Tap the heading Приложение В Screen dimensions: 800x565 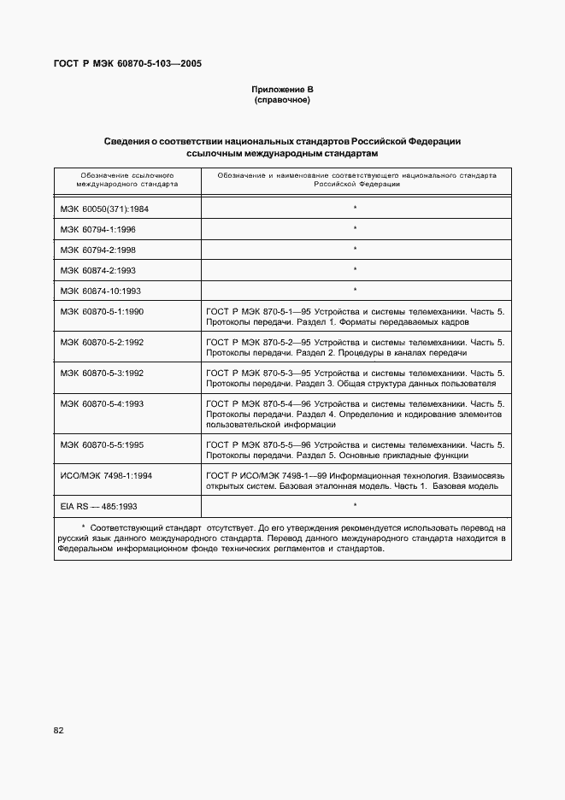[282, 90]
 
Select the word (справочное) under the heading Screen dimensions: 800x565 [282, 101]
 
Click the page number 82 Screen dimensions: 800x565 [59, 730]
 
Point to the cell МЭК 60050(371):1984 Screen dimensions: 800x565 [104, 208]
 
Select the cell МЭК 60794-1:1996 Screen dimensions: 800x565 [98, 229]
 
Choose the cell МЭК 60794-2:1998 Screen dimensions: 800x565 [98, 250]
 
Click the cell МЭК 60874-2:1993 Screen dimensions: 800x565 [98, 270]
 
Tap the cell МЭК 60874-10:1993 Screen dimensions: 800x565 [100, 291]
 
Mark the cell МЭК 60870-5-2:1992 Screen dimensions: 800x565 [102, 342]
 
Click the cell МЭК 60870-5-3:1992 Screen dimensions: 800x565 [102, 373]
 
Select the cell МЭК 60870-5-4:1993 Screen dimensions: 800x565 [102, 403]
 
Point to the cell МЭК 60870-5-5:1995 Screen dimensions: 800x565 [102, 444]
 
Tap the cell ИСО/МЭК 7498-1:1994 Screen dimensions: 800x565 [106, 475]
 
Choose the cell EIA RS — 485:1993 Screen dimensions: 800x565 [99, 506]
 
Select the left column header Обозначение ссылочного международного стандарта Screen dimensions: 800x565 [127, 179]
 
